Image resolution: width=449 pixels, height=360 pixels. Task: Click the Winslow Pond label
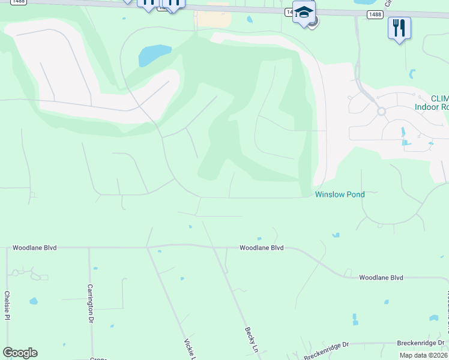(340, 194)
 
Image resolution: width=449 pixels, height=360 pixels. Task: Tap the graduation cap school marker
(304, 13)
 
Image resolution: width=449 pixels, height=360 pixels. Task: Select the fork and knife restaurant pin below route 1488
(399, 28)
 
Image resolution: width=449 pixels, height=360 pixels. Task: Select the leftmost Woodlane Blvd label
(34, 247)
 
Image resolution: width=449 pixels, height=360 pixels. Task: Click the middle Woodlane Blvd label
(261, 247)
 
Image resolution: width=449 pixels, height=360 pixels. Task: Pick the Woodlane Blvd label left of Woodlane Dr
(381, 278)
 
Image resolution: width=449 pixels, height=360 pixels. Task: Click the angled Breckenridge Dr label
(326, 350)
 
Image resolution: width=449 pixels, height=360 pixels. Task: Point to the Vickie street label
(187, 348)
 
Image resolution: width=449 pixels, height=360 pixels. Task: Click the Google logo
(20, 353)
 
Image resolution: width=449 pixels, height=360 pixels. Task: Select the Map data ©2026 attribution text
(423, 355)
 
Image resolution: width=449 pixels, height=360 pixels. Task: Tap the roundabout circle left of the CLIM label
(381, 111)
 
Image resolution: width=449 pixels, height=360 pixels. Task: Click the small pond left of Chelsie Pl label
(34, 301)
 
